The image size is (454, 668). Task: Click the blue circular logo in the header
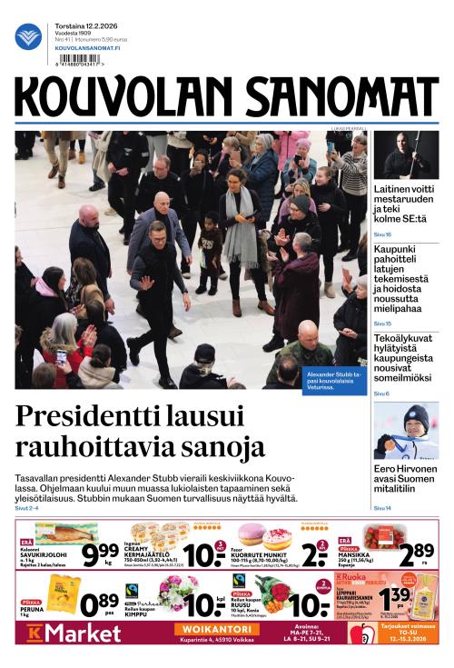(x=28, y=36)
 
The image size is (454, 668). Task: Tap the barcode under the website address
(x=78, y=60)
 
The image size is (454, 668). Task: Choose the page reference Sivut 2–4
(x=28, y=509)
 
